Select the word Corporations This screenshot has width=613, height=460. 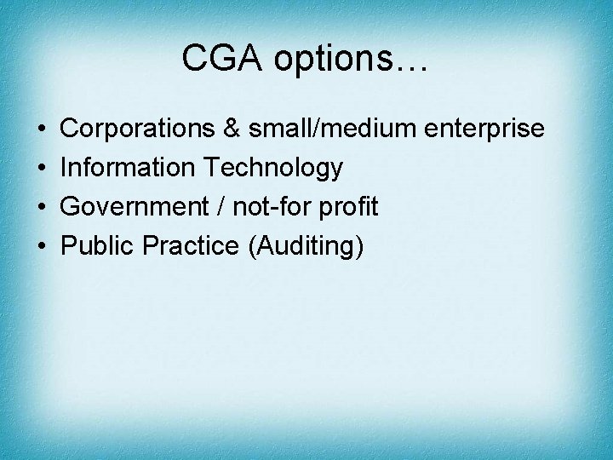[138, 129]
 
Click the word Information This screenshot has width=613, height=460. [128, 168]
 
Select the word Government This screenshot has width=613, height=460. [132, 207]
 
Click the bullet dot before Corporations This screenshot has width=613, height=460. [43, 129]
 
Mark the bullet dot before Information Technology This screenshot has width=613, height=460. [43, 169]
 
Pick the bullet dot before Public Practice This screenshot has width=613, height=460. [43, 247]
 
